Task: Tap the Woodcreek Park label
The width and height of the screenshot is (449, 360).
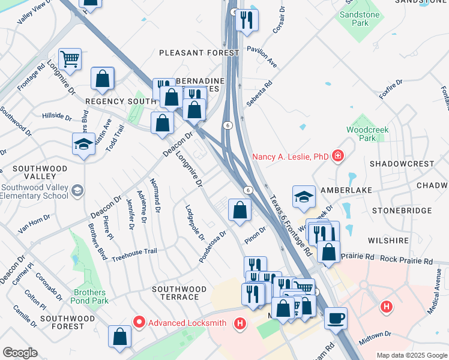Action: click(367, 134)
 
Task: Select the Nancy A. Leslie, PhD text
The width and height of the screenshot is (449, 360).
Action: click(291, 157)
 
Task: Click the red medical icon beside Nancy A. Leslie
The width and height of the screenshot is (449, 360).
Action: click(338, 156)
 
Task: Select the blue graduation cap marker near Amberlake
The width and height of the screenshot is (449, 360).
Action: click(304, 196)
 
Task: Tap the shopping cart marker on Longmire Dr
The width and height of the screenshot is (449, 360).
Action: click(70, 59)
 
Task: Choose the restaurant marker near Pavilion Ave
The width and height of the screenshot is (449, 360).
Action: click(247, 20)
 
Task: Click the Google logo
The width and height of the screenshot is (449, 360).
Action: click(20, 353)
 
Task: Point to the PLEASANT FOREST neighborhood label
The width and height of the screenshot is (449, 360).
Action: click(199, 53)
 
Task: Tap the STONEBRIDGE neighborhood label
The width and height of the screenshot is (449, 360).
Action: click(402, 211)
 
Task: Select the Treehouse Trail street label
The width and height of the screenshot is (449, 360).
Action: click(134, 251)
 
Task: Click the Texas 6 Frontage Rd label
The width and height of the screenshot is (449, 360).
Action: click(291, 226)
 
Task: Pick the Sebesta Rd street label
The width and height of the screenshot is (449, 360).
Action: click(258, 94)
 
